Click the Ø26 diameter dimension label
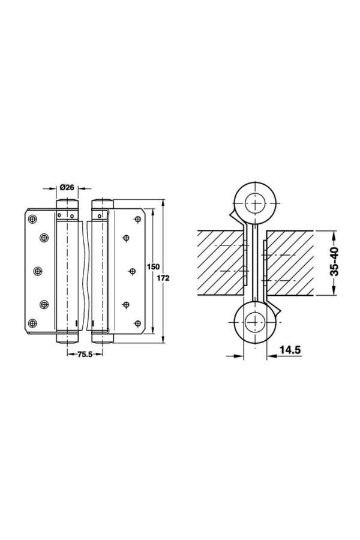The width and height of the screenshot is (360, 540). pos(67,188)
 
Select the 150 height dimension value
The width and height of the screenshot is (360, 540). pos(154,266)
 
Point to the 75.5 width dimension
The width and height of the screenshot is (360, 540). pos(85,355)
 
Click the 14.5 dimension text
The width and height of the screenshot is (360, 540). pos(290,350)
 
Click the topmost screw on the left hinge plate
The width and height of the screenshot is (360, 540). pos(32,219)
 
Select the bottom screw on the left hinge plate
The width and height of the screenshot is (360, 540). pos(32,323)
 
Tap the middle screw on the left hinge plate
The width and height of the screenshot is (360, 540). pos(38,271)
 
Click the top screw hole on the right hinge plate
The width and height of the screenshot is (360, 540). pos(137,220)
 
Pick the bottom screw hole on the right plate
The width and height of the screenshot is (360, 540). pos(137,323)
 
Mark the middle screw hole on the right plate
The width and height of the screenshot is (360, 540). pos(132,272)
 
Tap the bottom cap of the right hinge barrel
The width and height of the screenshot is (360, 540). pos(103,338)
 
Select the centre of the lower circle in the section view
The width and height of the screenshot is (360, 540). pos(255,322)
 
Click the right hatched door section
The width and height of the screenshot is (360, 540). pos(289,262)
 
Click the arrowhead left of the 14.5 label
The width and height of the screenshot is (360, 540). pos(239,356)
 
